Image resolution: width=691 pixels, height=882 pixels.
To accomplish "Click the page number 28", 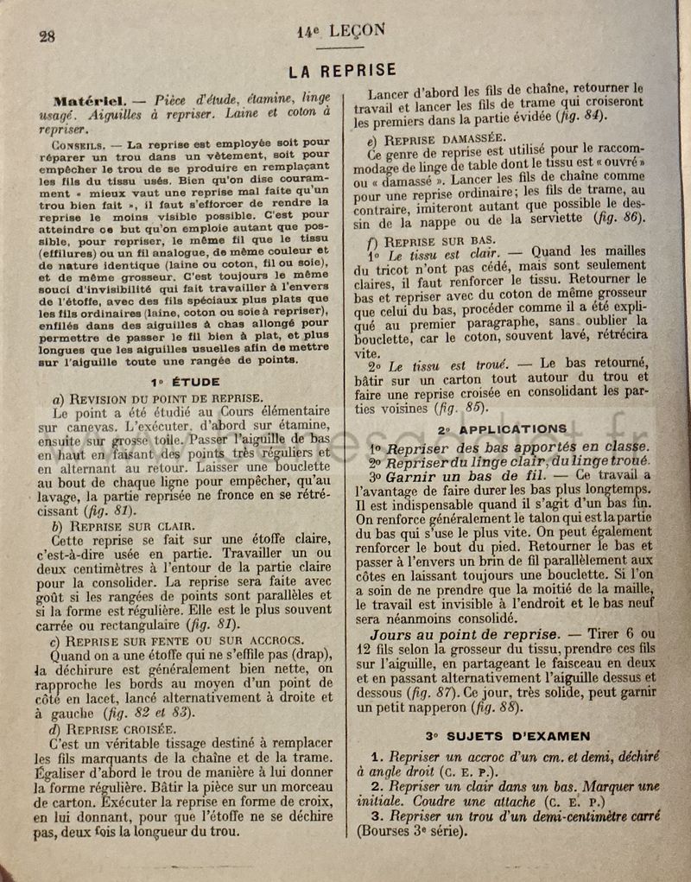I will (x=47, y=35).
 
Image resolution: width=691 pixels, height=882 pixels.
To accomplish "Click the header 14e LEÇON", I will (x=341, y=29).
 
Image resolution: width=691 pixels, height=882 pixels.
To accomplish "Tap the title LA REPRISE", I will (x=343, y=70).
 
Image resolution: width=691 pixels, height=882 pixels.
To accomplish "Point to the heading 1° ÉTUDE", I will (x=185, y=381).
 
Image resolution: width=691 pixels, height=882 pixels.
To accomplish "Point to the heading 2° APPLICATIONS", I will (x=502, y=429).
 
